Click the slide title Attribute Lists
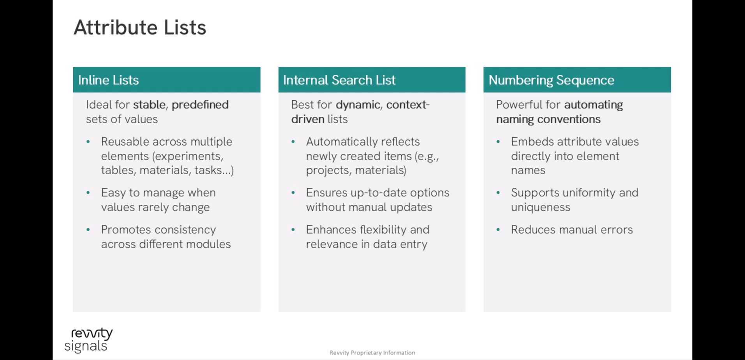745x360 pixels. point(140,27)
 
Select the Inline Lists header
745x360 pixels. point(108,80)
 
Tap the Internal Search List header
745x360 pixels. point(339,80)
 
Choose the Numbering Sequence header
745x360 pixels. point(551,80)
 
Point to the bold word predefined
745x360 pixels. point(200,105)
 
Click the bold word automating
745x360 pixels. point(593,105)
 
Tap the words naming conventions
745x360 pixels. point(548,119)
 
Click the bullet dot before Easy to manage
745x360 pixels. point(88,192)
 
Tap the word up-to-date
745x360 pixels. point(378,193)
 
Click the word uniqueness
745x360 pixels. point(540,207)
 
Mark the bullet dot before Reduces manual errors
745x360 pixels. point(498,230)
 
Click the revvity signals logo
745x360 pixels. point(88,340)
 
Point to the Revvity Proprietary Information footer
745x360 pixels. point(372,353)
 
